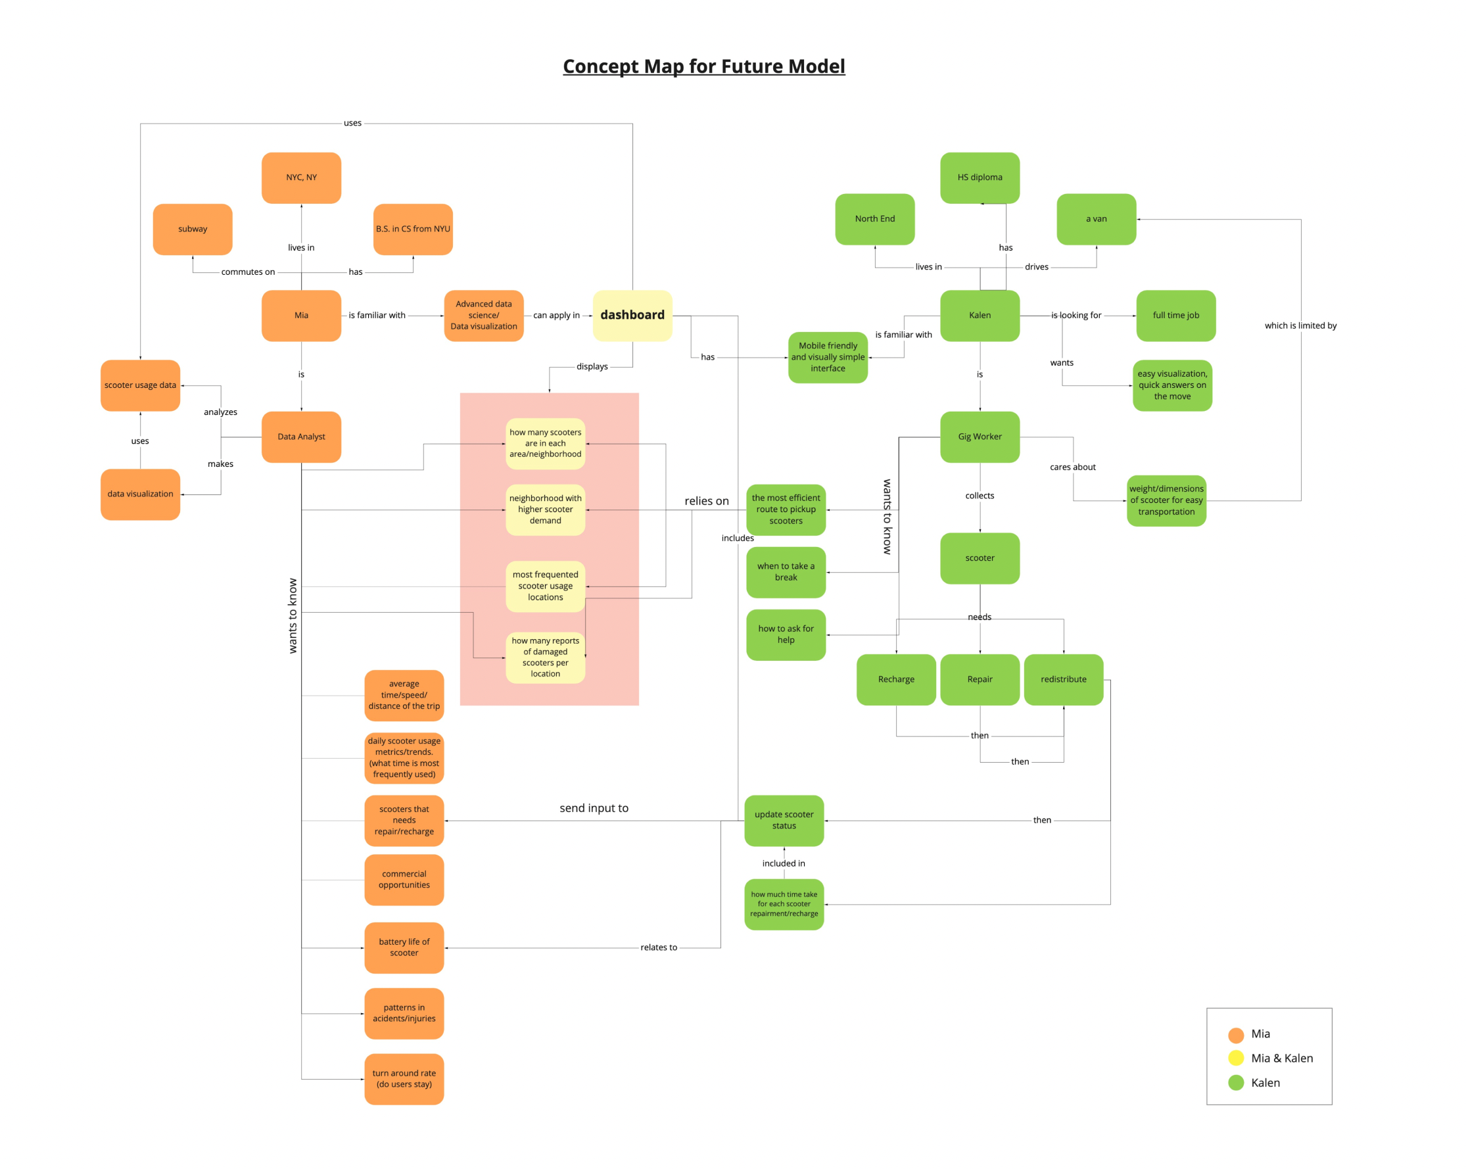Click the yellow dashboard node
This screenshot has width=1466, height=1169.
(632, 316)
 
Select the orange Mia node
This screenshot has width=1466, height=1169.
(301, 316)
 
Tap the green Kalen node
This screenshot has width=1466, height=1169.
(980, 316)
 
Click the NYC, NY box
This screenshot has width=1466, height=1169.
(301, 178)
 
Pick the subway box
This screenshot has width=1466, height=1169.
(193, 229)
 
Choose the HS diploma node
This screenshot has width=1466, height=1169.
(980, 178)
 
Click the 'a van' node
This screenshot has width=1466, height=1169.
(1096, 219)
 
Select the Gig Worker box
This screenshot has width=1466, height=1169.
(980, 437)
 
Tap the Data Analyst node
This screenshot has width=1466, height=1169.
(301, 437)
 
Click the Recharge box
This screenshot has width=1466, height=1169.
(896, 679)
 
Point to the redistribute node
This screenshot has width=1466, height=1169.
(1064, 679)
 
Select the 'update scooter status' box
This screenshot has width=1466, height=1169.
(784, 820)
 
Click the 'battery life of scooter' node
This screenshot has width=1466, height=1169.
(404, 947)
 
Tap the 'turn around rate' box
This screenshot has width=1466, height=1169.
(404, 1078)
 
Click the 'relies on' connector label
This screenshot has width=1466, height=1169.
(707, 501)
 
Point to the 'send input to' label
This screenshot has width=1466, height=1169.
(594, 808)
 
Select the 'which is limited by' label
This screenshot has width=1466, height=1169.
(1300, 325)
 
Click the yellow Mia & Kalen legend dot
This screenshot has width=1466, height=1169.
(1236, 1058)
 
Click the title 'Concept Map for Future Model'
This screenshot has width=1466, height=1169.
(704, 66)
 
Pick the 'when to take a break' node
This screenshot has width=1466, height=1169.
(786, 572)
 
